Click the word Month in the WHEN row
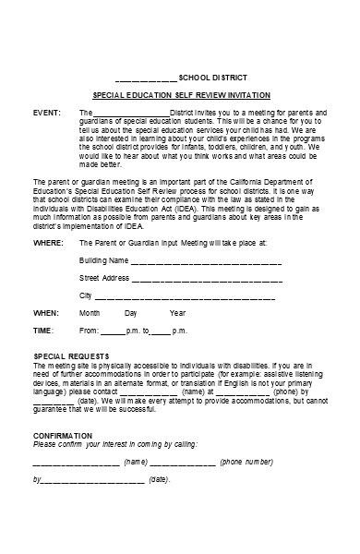90,313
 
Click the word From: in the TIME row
89,330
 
